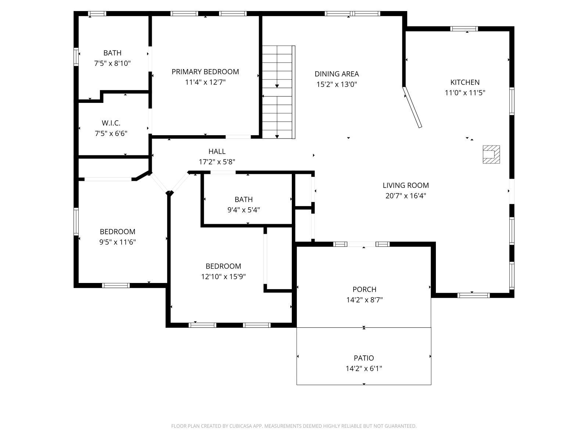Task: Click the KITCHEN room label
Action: click(465, 82)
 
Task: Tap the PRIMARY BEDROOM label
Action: click(205, 72)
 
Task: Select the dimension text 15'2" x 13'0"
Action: click(337, 85)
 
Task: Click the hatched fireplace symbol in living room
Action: click(491, 154)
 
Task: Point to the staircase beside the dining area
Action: click(277, 92)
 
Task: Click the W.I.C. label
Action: click(111, 123)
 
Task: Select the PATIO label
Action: click(364, 358)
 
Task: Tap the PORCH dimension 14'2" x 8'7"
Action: click(364, 300)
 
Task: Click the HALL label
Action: click(217, 151)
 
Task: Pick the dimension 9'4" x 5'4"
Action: click(244, 210)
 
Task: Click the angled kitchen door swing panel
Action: click(412, 107)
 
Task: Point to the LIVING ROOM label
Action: click(406, 185)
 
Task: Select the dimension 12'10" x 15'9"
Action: click(223, 277)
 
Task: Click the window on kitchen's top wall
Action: click(464, 29)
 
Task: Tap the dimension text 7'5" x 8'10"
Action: click(112, 64)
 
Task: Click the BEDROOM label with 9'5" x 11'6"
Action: click(118, 232)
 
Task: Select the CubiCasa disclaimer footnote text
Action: click(294, 426)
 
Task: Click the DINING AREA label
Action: click(337, 74)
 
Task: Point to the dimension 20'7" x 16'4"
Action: click(406, 196)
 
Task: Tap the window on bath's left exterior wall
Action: click(76, 57)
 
